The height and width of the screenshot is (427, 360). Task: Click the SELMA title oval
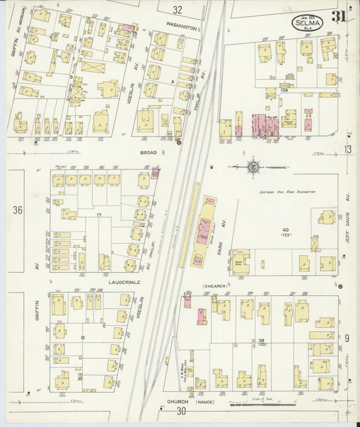(307, 22)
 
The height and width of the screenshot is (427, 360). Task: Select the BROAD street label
(148, 153)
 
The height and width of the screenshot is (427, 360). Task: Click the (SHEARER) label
(213, 286)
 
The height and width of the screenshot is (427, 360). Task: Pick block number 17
(99, 215)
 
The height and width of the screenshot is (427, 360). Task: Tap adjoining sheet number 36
(18, 210)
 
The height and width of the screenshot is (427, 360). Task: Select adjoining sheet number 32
(177, 9)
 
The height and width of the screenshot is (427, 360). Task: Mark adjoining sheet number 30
(181, 411)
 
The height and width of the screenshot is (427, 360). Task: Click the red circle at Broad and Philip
(178, 142)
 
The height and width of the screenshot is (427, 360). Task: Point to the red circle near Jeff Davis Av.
(340, 286)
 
